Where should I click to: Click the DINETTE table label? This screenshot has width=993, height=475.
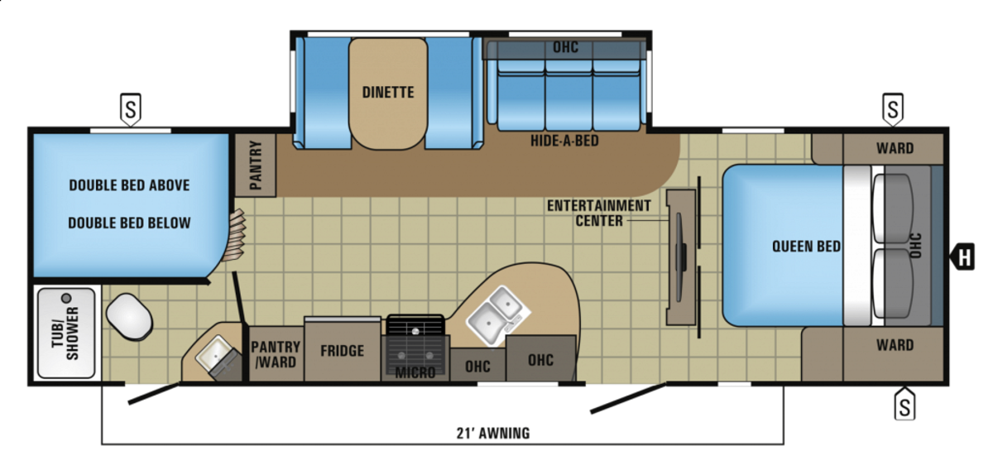point(388,92)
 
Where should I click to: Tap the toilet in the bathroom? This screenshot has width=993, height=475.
point(129,317)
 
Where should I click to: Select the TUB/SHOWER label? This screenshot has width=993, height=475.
point(65,333)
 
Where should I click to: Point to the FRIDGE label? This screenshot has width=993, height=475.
point(343,351)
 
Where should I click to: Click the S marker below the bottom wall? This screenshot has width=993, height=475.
point(904,405)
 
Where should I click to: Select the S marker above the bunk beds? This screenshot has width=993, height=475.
point(131,109)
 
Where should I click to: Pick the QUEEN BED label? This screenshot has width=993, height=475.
point(806,246)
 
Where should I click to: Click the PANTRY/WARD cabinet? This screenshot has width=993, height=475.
point(276,354)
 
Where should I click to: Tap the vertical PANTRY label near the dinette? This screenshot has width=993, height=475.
point(256,166)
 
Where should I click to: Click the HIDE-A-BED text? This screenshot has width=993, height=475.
point(564,141)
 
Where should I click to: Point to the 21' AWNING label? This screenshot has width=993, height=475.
point(493,433)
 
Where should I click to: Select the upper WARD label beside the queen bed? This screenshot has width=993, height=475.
point(895,148)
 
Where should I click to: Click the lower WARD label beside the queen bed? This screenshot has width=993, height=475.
point(895,345)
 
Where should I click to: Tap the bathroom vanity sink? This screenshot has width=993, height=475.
point(217,354)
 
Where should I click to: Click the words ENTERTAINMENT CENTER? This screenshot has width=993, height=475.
point(599,213)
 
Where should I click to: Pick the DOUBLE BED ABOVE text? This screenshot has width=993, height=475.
point(129,185)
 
